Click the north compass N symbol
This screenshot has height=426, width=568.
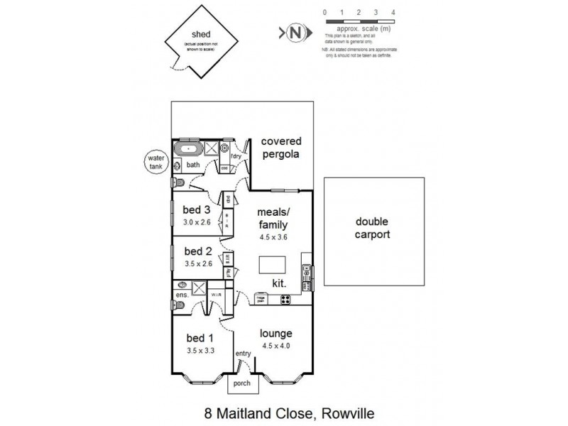(296, 33)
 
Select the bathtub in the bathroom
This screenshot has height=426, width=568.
(188, 150)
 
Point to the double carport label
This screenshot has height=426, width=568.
(373, 227)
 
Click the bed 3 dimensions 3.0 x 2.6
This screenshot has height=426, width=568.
(197, 222)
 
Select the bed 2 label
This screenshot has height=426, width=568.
(197, 251)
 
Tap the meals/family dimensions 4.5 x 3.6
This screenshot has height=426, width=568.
(273, 237)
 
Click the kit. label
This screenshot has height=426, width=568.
(280, 283)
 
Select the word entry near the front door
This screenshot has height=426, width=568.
(244, 353)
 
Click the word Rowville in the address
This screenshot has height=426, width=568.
(348, 413)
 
